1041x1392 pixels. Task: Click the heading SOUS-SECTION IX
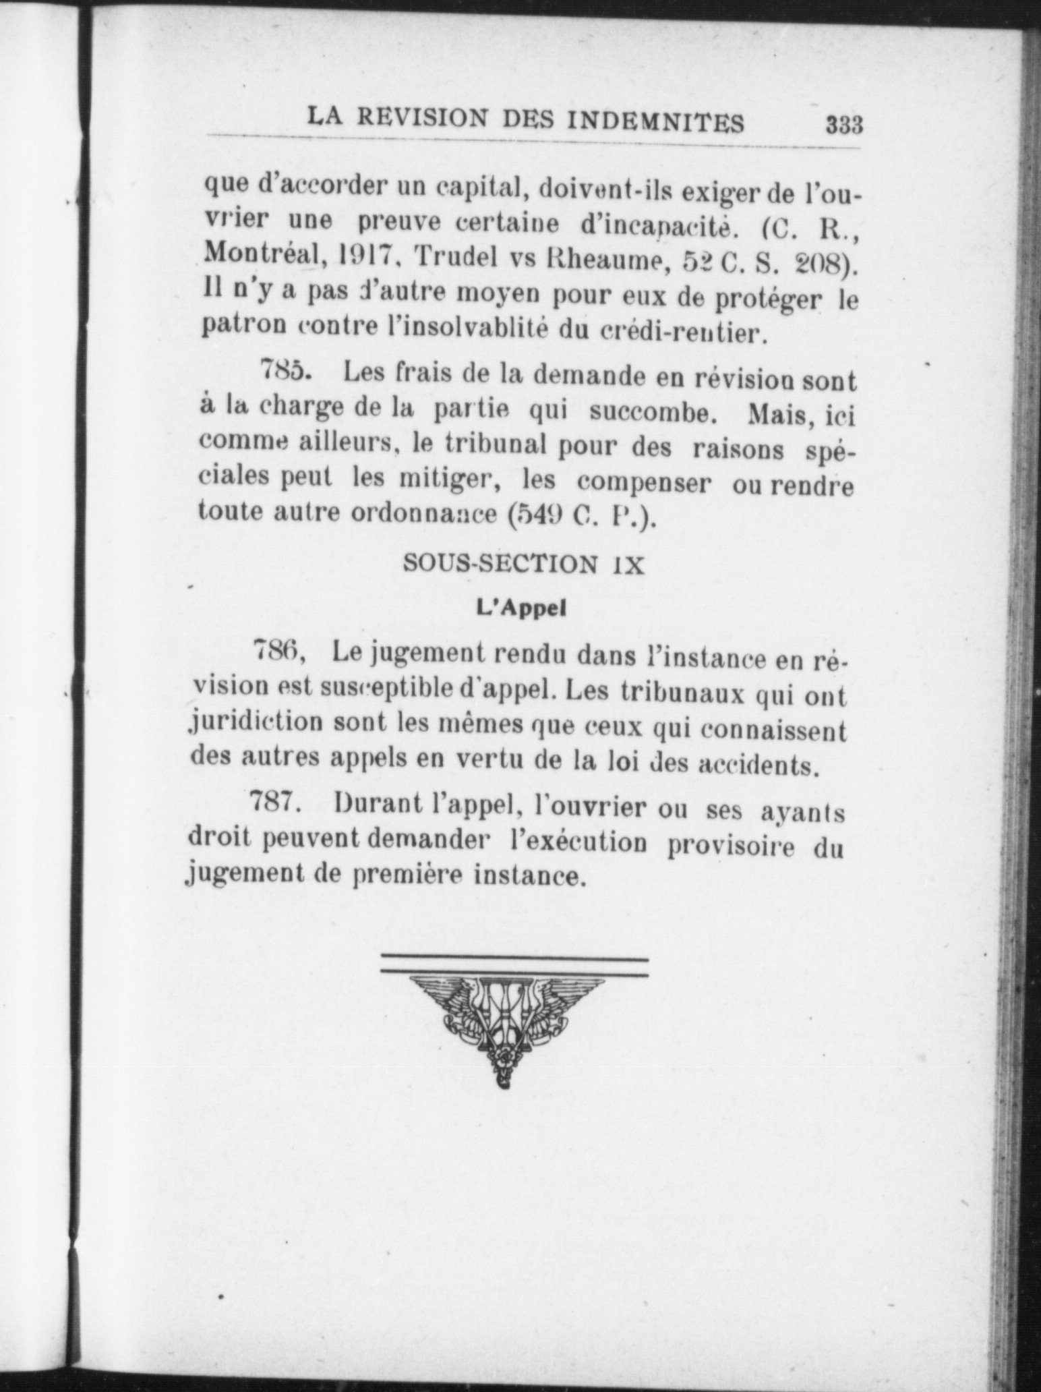click(x=523, y=564)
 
